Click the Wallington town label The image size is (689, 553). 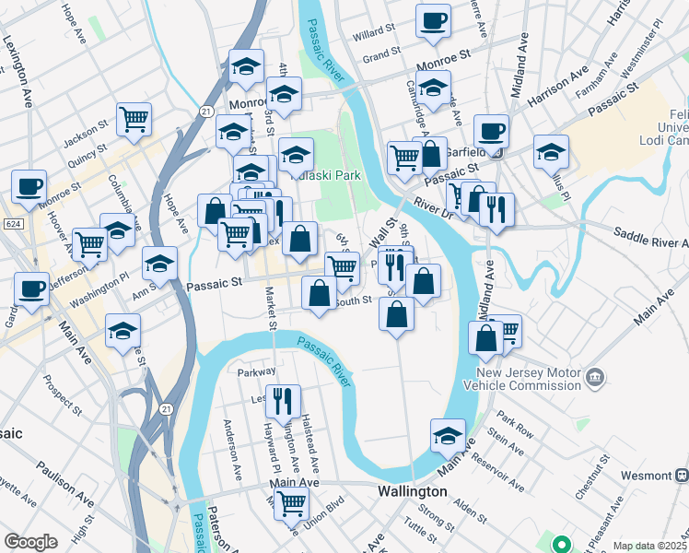coord(413,492)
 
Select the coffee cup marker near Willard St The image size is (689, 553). coord(433,20)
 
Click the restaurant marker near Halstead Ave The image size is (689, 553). coord(283,400)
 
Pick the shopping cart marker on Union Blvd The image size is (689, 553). coord(291,503)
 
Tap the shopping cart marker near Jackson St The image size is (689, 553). coord(134,118)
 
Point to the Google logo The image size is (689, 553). coord(30,542)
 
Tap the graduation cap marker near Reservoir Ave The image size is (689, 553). coord(448,435)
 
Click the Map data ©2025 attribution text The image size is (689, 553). coord(649,546)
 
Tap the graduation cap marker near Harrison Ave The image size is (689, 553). coord(551,151)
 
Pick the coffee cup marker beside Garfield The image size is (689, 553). coord(491,131)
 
